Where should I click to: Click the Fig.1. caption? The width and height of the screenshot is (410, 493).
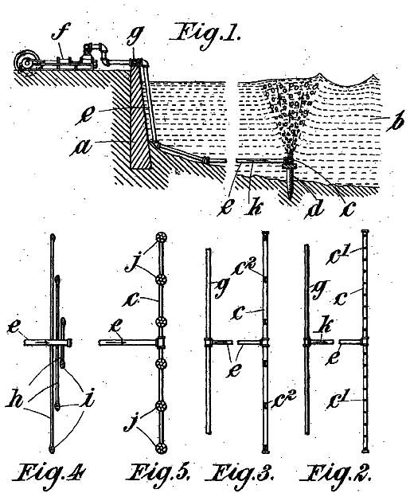click(205, 35)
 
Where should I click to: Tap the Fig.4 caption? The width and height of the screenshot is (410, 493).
click(49, 474)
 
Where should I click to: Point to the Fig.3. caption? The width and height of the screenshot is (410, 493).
click(241, 474)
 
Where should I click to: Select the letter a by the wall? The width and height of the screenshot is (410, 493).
click(82, 147)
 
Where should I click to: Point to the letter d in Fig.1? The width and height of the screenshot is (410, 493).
click(315, 208)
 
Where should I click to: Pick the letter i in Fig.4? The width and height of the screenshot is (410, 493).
click(88, 399)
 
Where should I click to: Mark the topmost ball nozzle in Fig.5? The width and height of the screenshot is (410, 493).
click(161, 237)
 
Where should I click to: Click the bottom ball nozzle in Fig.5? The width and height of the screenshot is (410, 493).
click(161, 448)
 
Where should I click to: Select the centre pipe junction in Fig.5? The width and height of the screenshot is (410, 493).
click(161, 342)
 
